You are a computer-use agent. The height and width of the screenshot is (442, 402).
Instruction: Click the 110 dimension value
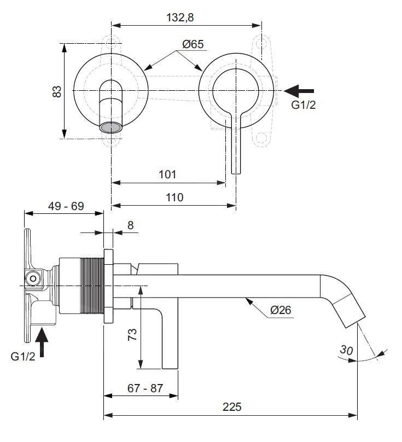click(x=174, y=197)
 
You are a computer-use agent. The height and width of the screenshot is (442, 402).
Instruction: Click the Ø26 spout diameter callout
click(x=281, y=310)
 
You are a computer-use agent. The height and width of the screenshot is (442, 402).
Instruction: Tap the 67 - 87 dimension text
click(x=144, y=388)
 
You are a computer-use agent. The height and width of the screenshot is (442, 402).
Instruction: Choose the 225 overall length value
click(x=231, y=407)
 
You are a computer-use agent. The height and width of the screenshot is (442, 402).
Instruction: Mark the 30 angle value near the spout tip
click(x=346, y=348)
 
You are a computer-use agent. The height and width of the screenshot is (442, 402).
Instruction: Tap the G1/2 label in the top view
click(x=303, y=105)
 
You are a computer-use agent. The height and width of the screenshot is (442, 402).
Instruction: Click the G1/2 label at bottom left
click(x=24, y=357)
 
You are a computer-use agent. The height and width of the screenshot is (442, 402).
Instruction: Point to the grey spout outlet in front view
click(x=111, y=127)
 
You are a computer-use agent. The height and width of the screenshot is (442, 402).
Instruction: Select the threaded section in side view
click(x=92, y=286)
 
